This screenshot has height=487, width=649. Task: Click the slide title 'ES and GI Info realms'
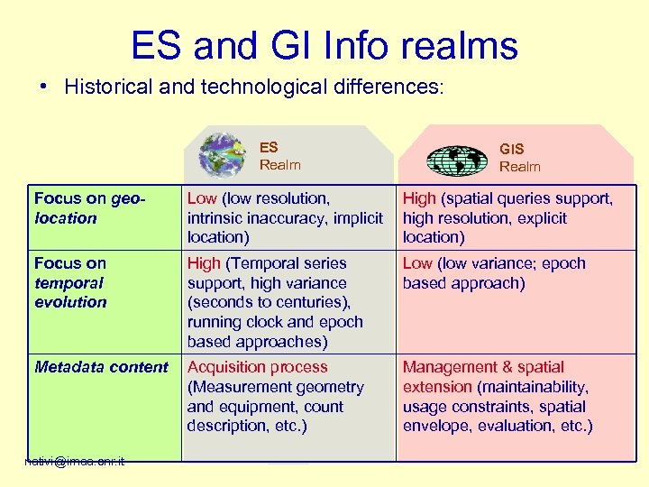click(x=324, y=45)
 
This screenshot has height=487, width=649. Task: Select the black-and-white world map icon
click(x=456, y=160)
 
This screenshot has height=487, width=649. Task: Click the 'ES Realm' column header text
click(x=279, y=156)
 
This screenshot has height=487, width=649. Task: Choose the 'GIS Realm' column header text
click(x=520, y=157)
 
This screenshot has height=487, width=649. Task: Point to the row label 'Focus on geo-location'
click(x=90, y=208)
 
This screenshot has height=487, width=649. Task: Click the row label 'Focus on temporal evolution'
click(x=70, y=282)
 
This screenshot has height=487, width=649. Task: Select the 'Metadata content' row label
click(x=101, y=367)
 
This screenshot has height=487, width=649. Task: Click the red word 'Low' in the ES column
click(x=202, y=198)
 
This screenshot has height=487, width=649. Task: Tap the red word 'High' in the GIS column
click(x=419, y=198)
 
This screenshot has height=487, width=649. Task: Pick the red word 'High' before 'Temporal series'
click(x=204, y=263)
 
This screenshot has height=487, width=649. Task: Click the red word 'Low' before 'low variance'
click(x=417, y=263)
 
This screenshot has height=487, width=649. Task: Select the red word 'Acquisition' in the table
click(x=232, y=367)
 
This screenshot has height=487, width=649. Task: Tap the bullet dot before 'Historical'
click(x=43, y=87)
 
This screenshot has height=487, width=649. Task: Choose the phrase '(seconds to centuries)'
click(x=268, y=302)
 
